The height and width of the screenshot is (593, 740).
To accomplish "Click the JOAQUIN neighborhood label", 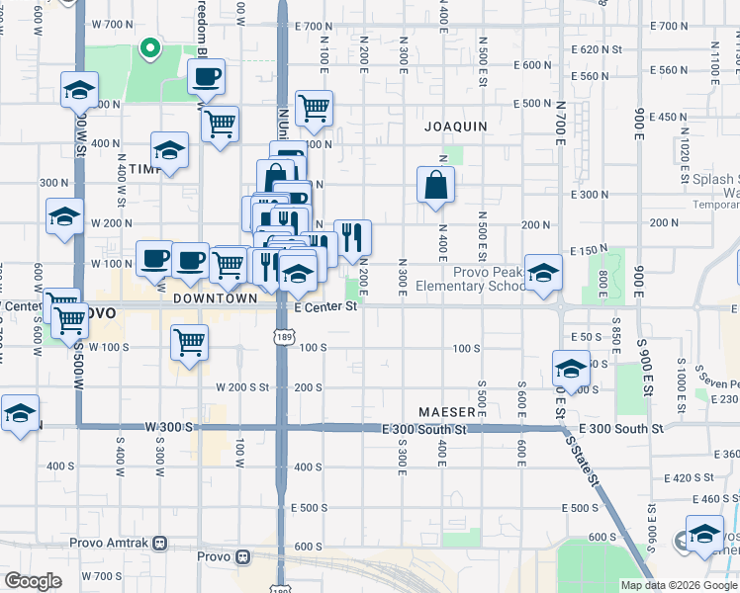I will [x=456, y=127].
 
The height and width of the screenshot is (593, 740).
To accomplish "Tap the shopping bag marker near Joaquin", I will [x=435, y=184].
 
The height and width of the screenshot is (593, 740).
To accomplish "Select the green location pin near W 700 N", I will [x=149, y=46].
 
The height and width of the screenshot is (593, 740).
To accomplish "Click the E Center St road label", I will [x=325, y=307].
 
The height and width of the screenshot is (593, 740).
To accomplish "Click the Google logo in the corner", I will [x=33, y=581].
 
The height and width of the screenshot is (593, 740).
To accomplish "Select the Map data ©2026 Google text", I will [x=679, y=585].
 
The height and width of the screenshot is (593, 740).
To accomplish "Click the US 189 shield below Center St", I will [x=282, y=338].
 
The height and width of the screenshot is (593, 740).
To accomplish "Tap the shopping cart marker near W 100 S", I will [x=189, y=342].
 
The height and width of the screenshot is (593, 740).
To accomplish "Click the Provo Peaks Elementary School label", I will [x=492, y=280].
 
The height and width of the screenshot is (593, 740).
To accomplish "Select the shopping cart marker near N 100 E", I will [x=314, y=108].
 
